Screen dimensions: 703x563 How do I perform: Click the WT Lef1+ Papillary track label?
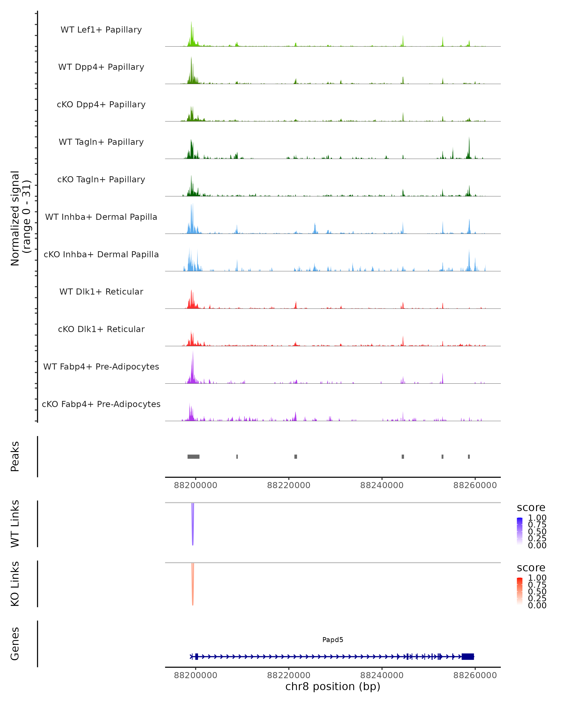pyautogui.click(x=101, y=30)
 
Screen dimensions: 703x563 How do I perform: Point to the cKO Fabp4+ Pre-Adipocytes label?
pyautogui.click(x=101, y=404)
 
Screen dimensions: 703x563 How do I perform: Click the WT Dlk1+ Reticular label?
pyautogui.click(x=101, y=292)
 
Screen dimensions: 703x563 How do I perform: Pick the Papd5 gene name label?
pyautogui.click(x=333, y=640)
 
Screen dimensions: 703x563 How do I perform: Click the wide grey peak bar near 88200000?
pyautogui.click(x=193, y=456)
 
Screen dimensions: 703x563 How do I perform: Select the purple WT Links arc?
pyautogui.click(x=193, y=525)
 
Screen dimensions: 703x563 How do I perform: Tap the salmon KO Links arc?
pyautogui.click(x=193, y=585)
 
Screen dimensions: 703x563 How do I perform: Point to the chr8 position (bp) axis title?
pyautogui.click(x=333, y=686)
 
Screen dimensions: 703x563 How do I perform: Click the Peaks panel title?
pyautogui.click(x=15, y=456)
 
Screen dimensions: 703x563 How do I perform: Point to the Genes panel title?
pyautogui.click(x=15, y=644)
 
